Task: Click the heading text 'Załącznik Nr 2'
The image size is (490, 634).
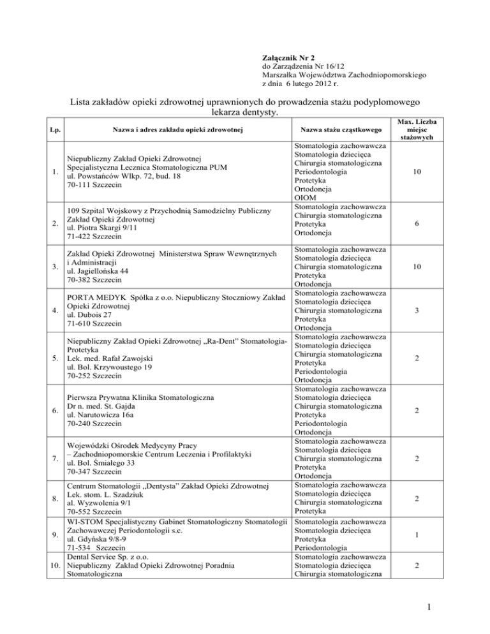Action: (290, 57)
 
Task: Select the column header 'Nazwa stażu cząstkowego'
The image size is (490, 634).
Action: (341, 131)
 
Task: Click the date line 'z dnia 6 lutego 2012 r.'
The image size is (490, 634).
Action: (304, 84)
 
